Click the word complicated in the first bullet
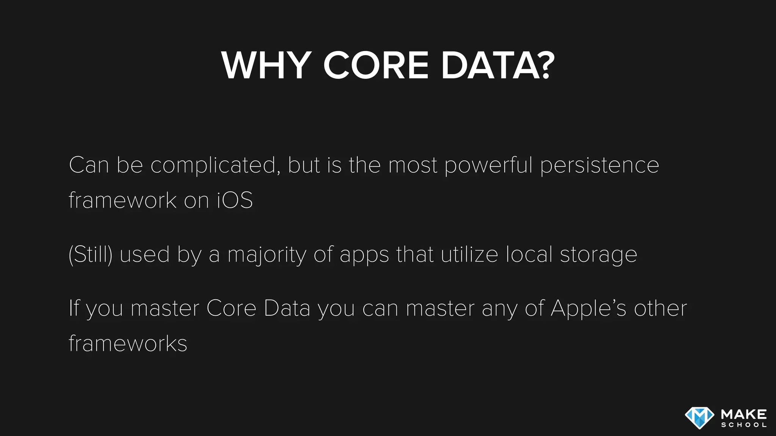[x=213, y=166]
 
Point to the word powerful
[x=489, y=166]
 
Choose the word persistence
[x=600, y=166]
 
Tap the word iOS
[x=235, y=200]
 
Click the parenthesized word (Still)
[x=91, y=254]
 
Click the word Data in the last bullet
[x=287, y=308]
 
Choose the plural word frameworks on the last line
[x=128, y=343]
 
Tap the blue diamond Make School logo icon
[x=699, y=418]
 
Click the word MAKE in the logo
[x=744, y=414]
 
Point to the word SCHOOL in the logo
[x=744, y=425]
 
